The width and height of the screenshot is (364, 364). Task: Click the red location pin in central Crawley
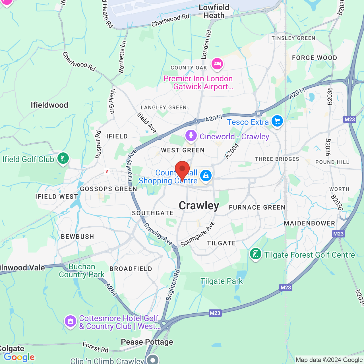tap(182, 169)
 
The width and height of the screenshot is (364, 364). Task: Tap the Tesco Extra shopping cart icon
tap(277, 121)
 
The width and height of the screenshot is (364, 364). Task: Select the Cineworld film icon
tap(191, 136)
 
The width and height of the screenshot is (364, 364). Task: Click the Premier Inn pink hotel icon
tap(217, 63)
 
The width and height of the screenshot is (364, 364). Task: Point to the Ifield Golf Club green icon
tap(63, 158)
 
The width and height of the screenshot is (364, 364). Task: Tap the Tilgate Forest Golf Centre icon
tap(255, 254)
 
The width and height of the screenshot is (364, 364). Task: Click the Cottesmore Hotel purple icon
tap(70, 321)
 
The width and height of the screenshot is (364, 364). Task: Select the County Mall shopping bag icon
tap(206, 175)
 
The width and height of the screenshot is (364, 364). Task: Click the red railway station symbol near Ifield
tap(107, 171)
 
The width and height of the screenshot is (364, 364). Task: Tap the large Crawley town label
tap(199, 206)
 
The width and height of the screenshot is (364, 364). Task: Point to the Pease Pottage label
tap(147, 342)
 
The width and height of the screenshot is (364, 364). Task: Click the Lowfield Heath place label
tap(214, 12)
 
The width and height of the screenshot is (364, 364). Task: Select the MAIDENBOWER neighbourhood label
tap(309, 224)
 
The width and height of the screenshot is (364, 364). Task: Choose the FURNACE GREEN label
tap(257, 208)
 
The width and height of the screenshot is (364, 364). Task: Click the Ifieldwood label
tap(49, 105)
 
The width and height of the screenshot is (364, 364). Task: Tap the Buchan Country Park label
tap(82, 270)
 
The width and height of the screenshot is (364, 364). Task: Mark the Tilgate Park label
tap(222, 281)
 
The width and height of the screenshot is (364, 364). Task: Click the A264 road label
tap(111, 289)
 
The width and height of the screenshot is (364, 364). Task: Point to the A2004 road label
tap(232, 151)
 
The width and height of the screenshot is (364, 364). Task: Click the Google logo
tap(19, 357)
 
